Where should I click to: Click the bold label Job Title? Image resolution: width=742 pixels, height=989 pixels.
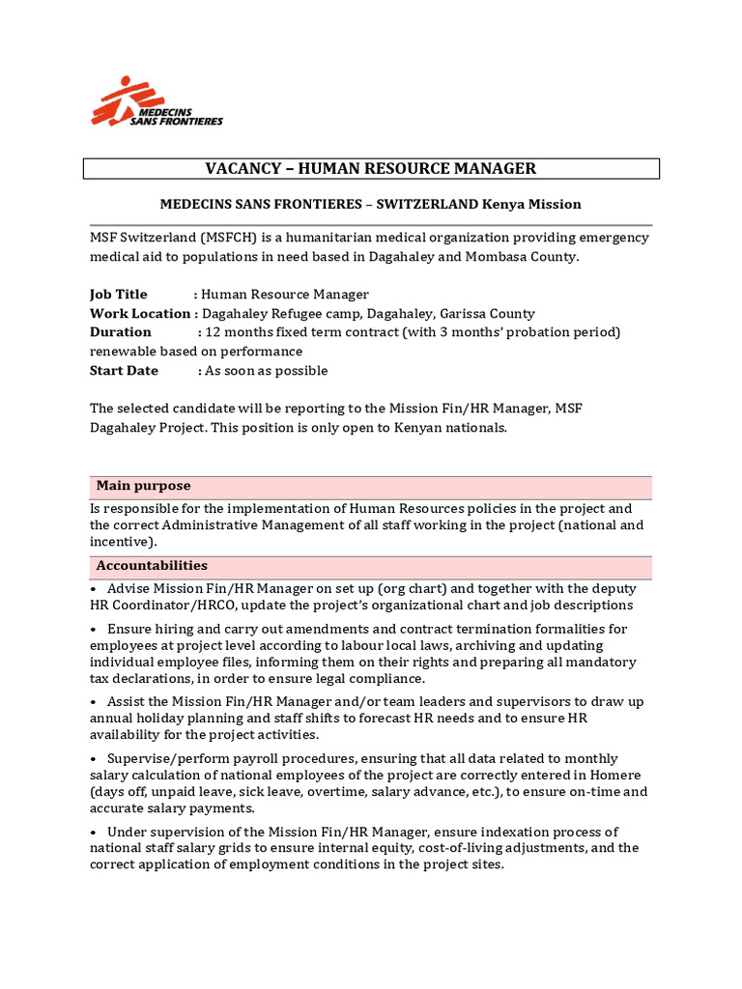(119, 295)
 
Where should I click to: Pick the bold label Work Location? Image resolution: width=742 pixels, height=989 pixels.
(140, 314)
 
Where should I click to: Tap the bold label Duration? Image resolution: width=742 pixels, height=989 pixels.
(121, 332)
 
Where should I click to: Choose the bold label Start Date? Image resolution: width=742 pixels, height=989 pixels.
(124, 371)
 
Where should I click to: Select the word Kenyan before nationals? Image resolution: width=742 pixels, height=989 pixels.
(422, 427)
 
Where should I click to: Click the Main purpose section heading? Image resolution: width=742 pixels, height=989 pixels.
(143, 486)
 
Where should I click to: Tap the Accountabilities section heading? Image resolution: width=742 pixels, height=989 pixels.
(151, 566)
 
